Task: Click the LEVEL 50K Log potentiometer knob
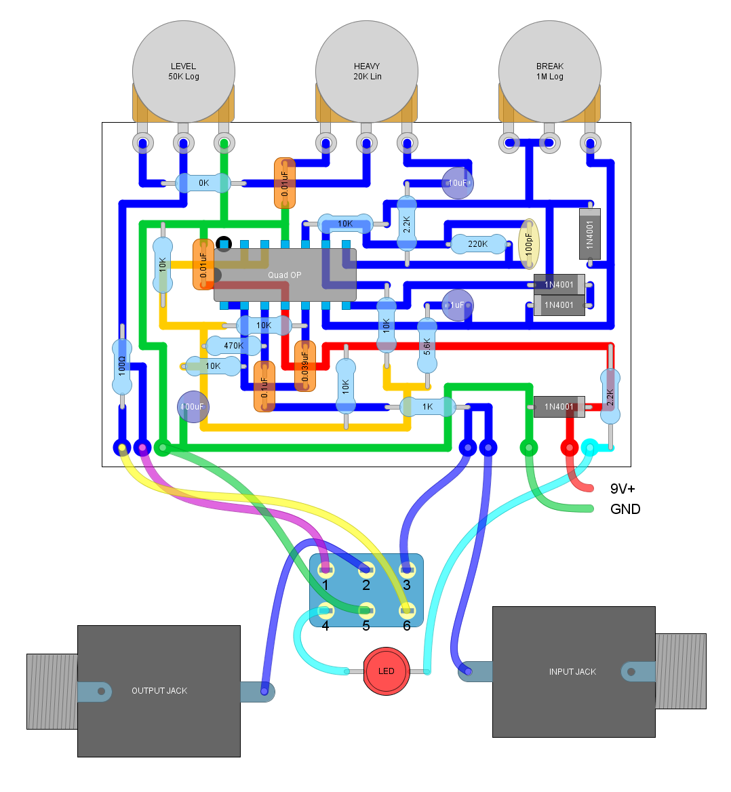(183, 72)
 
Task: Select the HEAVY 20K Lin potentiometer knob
(367, 72)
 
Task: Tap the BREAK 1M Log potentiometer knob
(550, 72)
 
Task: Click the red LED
(386, 671)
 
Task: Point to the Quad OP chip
(285, 275)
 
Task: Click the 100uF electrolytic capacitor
(193, 407)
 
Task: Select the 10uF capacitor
(458, 183)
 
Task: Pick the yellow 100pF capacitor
(529, 244)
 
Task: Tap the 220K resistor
(478, 244)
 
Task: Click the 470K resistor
(233, 346)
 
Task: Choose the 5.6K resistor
(427, 346)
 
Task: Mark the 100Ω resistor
(122, 367)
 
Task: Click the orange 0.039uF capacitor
(305, 366)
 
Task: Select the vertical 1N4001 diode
(590, 234)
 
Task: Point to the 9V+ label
(623, 489)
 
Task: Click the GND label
(625, 509)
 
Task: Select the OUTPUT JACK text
(159, 691)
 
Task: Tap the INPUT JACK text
(572, 672)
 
